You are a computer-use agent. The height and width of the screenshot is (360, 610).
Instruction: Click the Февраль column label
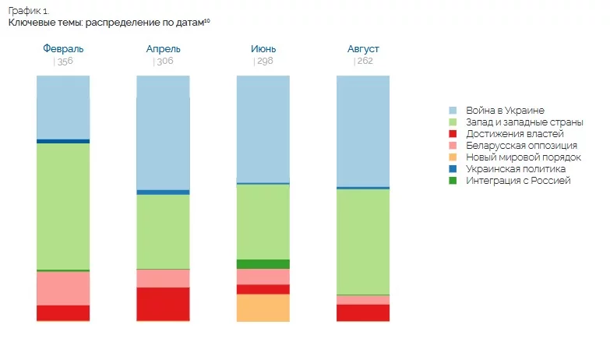point(63,49)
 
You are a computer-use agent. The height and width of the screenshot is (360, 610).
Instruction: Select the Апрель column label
point(163,49)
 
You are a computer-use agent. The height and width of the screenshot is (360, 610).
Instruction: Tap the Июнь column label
point(263,49)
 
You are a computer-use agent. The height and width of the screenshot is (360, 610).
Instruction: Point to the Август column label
point(363,49)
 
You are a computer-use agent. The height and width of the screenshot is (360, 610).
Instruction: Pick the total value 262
point(365,62)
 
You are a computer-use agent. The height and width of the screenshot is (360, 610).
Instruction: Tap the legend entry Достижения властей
point(514,134)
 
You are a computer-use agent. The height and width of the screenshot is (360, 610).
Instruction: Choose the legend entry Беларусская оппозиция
point(520,146)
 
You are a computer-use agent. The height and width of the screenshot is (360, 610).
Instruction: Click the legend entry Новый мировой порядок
point(523,157)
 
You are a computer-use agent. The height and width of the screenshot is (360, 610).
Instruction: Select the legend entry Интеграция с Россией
point(518,181)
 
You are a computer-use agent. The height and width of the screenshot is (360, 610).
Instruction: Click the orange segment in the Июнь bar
point(263,308)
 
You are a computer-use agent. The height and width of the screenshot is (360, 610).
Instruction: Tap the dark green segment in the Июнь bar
point(263,264)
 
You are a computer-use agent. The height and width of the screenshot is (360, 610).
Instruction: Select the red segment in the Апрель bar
point(163,304)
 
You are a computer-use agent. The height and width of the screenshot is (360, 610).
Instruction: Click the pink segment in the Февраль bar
point(63,288)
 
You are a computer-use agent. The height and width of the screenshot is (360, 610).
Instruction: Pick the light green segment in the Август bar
point(363,242)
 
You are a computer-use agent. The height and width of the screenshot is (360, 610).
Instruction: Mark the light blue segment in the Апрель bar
point(163,132)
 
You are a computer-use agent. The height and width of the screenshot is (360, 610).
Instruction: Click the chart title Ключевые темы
point(109,23)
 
